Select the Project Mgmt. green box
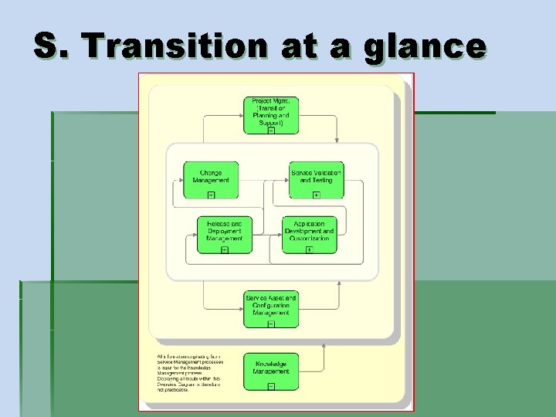pos(271,114)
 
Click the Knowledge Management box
pos(271,371)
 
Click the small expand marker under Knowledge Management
pos(271,385)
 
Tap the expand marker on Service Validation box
pos(316,195)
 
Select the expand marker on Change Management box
pos(211,195)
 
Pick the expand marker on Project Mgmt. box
pos(271,131)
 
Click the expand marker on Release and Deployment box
pos(225,249)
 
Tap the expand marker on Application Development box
pos(310,249)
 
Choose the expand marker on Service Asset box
pos(271,324)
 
